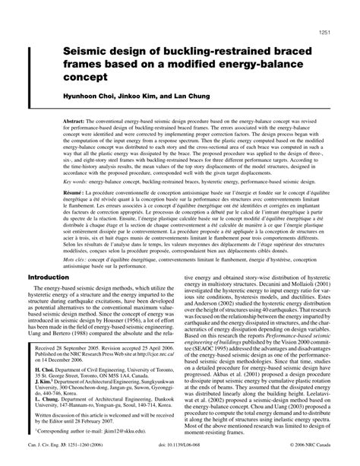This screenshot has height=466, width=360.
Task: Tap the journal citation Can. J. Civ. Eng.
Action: pos(46,459)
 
